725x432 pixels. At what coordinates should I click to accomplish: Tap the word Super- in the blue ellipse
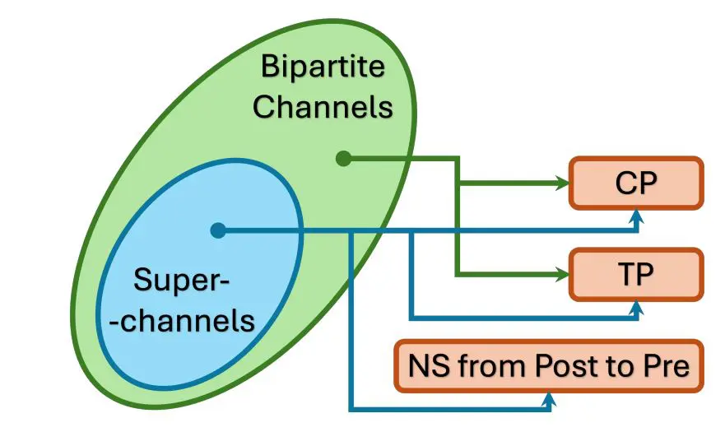click(x=180, y=282)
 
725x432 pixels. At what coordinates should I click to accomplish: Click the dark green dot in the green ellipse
click(x=344, y=158)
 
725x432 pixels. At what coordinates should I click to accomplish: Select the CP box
click(x=636, y=183)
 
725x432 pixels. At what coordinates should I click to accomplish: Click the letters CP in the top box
click(x=636, y=183)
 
